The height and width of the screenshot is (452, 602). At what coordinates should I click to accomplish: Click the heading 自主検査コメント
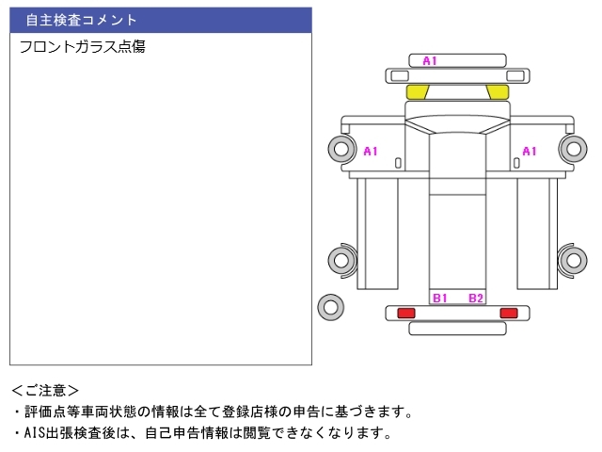click(x=82, y=20)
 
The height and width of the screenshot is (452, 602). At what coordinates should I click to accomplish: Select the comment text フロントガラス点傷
click(x=82, y=46)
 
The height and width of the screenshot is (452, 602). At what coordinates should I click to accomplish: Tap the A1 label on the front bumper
click(x=430, y=60)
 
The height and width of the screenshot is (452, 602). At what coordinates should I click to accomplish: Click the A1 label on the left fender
click(x=371, y=151)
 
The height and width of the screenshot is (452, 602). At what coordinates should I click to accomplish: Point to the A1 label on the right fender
click(x=530, y=151)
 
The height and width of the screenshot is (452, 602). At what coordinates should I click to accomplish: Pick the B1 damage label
click(x=440, y=298)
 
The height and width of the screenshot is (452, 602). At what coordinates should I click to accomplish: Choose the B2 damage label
click(x=476, y=298)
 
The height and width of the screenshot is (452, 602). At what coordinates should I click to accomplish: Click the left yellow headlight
click(x=417, y=92)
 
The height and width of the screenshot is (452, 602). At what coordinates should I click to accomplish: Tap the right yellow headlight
click(x=498, y=92)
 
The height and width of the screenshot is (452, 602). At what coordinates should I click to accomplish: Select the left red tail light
click(x=406, y=313)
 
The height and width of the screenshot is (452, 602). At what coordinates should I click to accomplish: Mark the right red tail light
click(x=509, y=313)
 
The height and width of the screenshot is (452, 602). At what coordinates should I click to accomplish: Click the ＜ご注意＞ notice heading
click(x=45, y=391)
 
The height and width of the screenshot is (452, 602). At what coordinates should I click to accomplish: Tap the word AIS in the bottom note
click(x=35, y=433)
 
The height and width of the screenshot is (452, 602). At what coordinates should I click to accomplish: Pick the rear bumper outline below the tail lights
click(x=457, y=332)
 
